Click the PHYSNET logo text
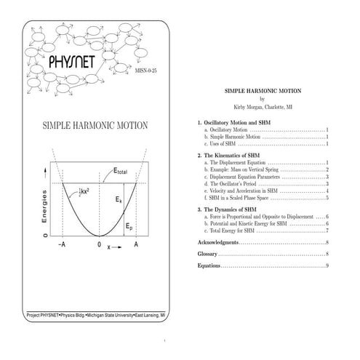(71, 63)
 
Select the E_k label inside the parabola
(119, 199)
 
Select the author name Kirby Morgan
(254, 106)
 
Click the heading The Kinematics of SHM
(233, 155)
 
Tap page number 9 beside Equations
(327, 265)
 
